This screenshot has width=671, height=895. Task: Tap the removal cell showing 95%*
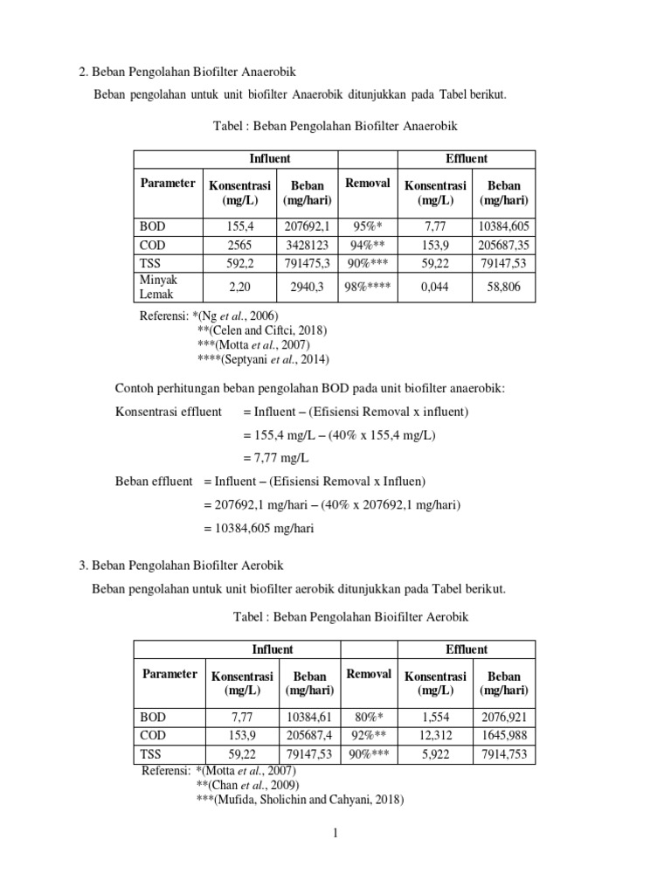[x=368, y=225]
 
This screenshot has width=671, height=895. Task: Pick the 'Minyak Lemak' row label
[x=159, y=287]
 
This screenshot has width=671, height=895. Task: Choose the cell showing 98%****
[x=368, y=287]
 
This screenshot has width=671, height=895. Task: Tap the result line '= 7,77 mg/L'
[x=277, y=458]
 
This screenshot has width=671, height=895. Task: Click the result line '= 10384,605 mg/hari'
[x=259, y=528]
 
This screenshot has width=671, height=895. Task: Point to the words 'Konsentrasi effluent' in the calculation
[x=169, y=412]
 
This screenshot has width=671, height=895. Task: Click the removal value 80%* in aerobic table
[x=368, y=717]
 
